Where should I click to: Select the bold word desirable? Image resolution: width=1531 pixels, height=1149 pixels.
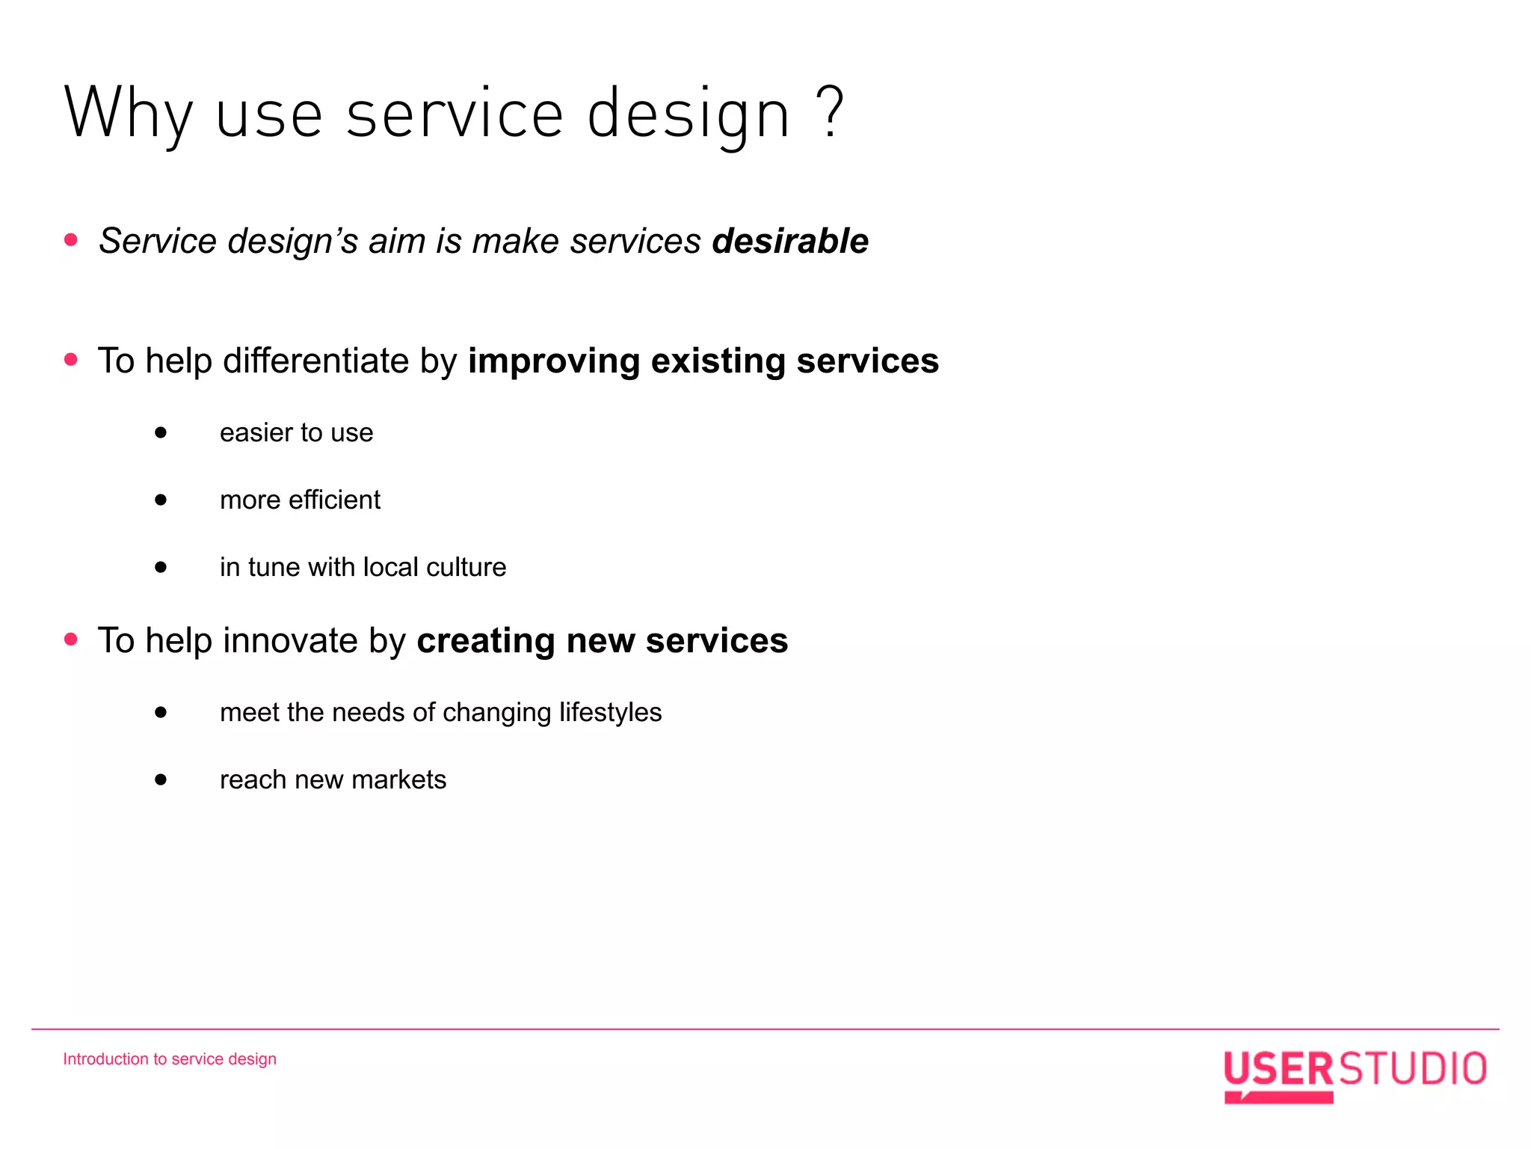[x=790, y=241]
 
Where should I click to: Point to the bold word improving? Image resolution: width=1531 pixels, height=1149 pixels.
[x=554, y=362]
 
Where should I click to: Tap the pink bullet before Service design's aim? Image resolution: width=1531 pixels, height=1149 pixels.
[x=71, y=239]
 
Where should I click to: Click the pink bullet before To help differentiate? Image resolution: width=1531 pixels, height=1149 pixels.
[x=71, y=360]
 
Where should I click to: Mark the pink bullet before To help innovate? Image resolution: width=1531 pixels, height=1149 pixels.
[x=71, y=639]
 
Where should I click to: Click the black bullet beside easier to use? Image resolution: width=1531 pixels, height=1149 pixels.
[x=161, y=432]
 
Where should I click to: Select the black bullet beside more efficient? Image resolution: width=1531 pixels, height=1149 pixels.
[x=161, y=500]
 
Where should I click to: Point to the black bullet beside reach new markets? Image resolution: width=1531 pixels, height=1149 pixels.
[x=161, y=779]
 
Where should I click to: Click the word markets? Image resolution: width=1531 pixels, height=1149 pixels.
[x=398, y=779]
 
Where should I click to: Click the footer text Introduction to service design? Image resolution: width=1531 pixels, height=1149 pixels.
[x=170, y=1059]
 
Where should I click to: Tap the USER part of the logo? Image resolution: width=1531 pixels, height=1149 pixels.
[x=1278, y=1070]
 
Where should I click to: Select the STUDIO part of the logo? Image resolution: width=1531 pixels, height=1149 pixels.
[x=1412, y=1069]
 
